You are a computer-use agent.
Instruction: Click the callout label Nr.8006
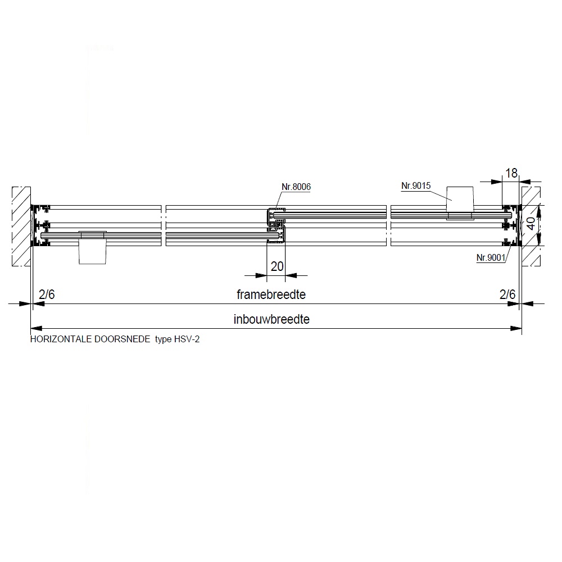tap(296, 187)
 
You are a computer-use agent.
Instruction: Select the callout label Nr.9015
tap(416, 185)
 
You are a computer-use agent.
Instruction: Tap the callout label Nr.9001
tap(491, 257)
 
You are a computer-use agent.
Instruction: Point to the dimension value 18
tap(511, 173)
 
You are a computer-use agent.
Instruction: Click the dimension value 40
tap(531, 224)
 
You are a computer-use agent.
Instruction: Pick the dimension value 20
tap(277, 266)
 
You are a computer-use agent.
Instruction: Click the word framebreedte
tap(271, 294)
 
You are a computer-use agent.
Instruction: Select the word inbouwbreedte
tap(271, 319)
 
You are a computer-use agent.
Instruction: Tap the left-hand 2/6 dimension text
tap(47, 294)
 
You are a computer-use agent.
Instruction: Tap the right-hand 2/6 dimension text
tap(507, 294)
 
